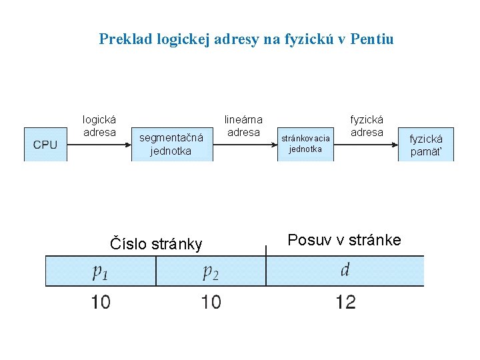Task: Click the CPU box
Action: coord(45,145)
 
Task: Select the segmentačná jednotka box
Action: coord(171,145)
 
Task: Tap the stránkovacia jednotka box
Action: coord(305,144)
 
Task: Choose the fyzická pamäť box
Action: coord(425,145)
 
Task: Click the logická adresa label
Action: coord(99,126)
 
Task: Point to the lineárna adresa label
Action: coord(243,126)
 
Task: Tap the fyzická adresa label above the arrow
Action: coord(367,126)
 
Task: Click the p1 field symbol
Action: coord(100,271)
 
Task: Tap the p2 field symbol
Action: coord(211,271)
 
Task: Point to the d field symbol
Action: coord(345,270)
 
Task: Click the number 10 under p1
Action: coord(101,303)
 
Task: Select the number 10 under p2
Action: coord(211,303)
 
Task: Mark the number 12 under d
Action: coord(345,303)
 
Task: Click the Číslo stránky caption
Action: coord(155,244)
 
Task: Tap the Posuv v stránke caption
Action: coord(344,240)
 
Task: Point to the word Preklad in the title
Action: coord(126,39)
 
